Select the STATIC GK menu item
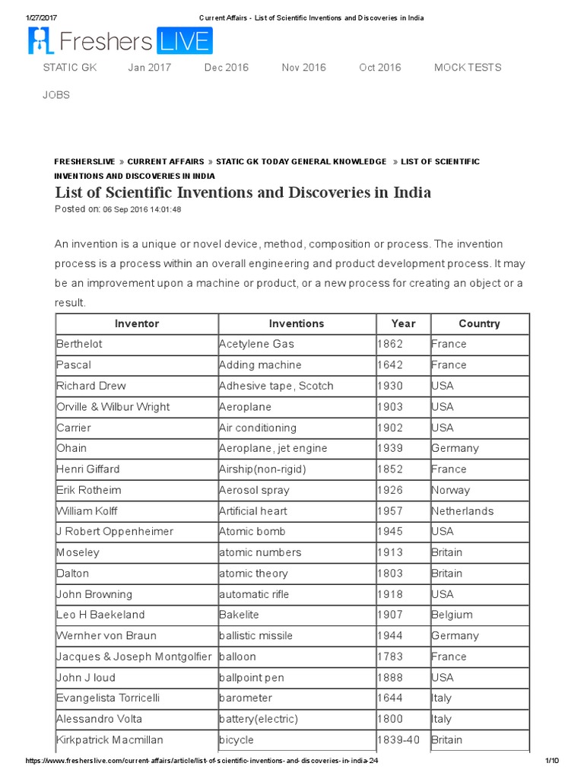tap(70, 68)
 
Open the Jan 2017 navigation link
tap(150, 68)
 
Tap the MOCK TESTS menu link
tap(468, 68)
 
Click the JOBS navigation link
tap(56, 95)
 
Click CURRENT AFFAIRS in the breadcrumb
tap(165, 162)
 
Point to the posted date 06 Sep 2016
tap(141, 209)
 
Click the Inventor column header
tap(137, 323)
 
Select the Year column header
tap(403, 323)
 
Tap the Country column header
tap(479, 323)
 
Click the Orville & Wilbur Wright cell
tap(113, 407)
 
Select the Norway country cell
tap(450, 491)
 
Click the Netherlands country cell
tap(462, 511)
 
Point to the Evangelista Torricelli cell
tap(108, 698)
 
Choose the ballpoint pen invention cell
tap(251, 678)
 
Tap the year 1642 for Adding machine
tap(390, 365)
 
